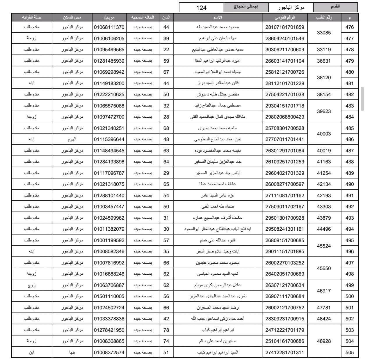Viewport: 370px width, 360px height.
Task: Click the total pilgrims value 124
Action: tap(201, 8)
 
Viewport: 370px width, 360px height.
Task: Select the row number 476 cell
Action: tap(349, 27)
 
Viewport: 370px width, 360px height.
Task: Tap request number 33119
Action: tap(324, 50)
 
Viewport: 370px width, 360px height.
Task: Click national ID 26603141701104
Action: tap(284, 61)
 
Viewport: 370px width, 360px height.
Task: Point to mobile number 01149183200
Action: tap(109, 83)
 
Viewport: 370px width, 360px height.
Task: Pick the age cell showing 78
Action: tap(166, 330)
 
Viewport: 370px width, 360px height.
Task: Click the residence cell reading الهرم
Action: tap(72, 139)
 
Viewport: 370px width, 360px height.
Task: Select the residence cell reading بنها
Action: tap(72, 352)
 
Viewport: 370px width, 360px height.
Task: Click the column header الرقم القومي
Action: tap(284, 17)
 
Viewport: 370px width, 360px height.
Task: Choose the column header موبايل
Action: tap(109, 17)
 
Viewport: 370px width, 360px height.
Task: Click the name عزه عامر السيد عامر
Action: tap(218, 195)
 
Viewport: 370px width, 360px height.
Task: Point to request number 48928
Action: tap(324, 341)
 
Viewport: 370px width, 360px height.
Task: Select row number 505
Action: tap(349, 352)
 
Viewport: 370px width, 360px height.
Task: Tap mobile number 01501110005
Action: tap(109, 296)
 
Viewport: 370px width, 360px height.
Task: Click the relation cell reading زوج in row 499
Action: tap(31, 285)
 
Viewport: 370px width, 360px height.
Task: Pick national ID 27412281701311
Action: tap(284, 352)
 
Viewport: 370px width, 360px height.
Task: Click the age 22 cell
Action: tap(166, 50)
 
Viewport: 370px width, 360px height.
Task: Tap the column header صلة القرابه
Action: tap(31, 17)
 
